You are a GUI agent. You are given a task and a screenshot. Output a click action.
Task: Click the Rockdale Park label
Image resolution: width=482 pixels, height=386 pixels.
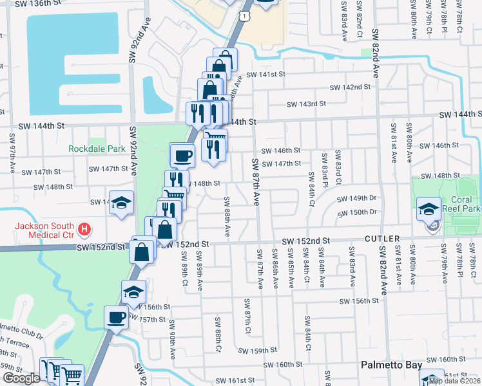[97, 149]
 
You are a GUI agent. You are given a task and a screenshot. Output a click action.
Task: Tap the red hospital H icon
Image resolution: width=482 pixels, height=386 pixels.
[82, 228]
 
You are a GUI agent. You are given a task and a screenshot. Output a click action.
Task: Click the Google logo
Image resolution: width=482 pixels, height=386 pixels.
[21, 378]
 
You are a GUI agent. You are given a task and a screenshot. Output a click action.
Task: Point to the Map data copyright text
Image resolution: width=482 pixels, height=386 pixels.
[454, 381]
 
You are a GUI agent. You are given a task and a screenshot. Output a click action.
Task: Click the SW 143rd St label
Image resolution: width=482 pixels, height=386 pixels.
[306, 104]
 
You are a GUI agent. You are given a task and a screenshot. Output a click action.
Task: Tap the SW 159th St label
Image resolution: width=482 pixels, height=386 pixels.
[256, 351]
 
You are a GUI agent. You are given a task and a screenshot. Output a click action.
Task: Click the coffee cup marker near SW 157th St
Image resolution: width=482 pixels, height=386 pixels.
[117, 317]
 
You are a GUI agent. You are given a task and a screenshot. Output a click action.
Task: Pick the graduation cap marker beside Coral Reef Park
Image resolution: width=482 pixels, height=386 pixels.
[429, 208]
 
